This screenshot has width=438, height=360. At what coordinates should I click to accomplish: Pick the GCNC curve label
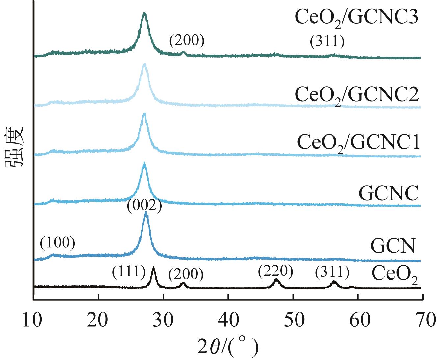(388, 193)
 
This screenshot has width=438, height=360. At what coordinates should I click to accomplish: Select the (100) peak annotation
(58, 244)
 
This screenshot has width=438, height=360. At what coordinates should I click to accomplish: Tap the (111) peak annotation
(129, 272)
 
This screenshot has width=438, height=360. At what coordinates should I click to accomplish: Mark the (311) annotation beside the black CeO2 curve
(332, 272)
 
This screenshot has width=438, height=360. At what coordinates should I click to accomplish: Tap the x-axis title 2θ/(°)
(228, 347)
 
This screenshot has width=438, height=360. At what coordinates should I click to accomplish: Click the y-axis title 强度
(15, 147)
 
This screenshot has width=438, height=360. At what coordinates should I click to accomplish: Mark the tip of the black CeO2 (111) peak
(153, 268)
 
